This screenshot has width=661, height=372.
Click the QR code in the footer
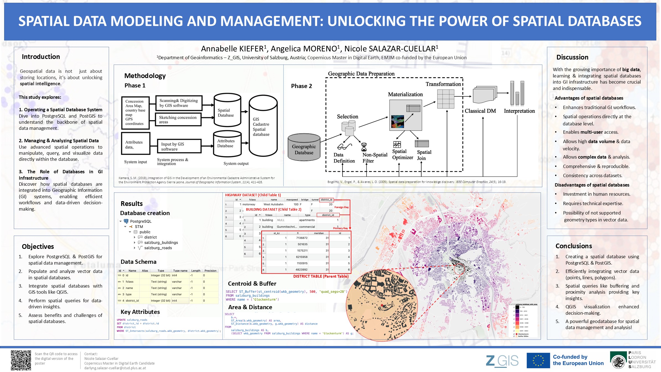pos(21,360)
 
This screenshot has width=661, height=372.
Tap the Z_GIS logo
pos(502,361)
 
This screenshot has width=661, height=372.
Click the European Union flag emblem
pos(538,360)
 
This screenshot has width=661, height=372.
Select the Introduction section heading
pos(41,57)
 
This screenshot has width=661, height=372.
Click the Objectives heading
pos(38,247)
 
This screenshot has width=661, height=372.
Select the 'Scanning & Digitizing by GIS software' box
pos(179,103)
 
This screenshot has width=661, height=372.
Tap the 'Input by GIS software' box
pos(179,146)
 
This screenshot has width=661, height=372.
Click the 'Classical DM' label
pos(480,111)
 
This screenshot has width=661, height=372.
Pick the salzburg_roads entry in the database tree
pos(158,248)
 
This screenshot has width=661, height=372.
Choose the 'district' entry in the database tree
pos(150,237)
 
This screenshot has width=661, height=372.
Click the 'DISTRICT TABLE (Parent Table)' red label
pos(321,276)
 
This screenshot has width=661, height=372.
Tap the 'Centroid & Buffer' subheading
pos(252,284)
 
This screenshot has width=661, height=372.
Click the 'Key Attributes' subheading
pos(140,312)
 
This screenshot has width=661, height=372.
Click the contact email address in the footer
pos(115,368)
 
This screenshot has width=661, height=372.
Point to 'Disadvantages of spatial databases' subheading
pos(592,185)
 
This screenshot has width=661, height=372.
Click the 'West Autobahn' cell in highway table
pos(273,204)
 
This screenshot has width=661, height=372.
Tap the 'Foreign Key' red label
pos(341,207)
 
